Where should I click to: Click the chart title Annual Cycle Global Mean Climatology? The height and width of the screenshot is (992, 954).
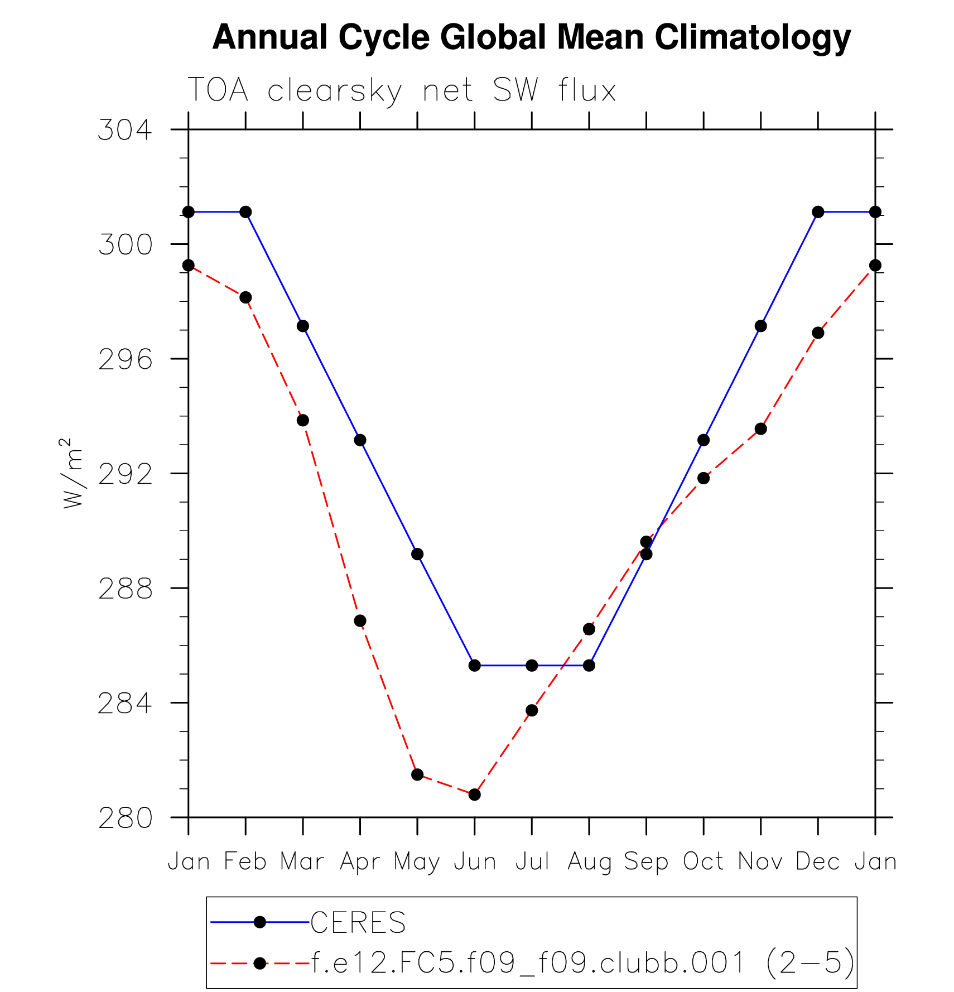531,38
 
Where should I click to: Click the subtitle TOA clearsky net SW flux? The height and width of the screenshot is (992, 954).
402,90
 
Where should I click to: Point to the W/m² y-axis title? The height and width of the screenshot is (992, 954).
73,473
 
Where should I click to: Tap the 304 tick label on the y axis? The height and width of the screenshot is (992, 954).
125,130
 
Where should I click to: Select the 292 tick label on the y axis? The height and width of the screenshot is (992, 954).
125,474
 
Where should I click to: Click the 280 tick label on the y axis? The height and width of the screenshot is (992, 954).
125,818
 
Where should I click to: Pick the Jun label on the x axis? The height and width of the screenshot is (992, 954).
475,862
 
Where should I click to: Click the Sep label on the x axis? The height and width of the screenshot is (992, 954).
646,862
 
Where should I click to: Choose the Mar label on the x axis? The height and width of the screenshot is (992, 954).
302,862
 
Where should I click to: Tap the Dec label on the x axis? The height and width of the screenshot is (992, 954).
818,862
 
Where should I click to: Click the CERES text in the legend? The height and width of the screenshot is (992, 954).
358,923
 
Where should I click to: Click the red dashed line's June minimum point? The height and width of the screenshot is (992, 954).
475,794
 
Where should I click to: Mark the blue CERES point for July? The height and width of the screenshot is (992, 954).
532,666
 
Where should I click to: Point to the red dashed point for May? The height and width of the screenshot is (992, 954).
417,774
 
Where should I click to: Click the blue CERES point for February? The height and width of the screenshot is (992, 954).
245,212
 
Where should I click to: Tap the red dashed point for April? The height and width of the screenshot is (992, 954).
360,621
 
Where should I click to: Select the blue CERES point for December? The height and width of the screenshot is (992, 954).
818,212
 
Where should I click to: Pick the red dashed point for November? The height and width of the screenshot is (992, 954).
760,429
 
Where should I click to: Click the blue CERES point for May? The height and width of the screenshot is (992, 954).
417,554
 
